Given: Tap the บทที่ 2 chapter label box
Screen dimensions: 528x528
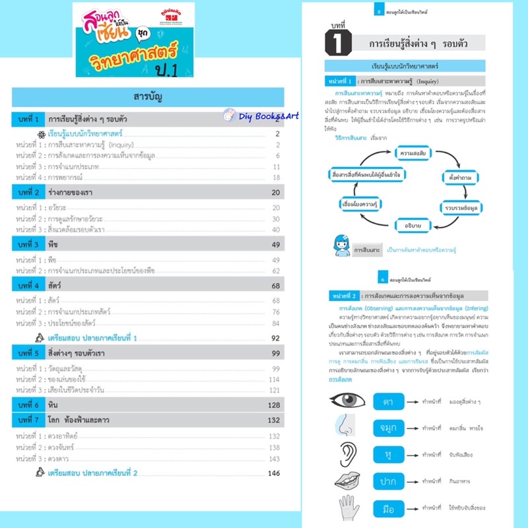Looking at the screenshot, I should pyautogui.click(x=30, y=192).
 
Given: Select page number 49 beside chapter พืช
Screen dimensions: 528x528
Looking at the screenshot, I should pyautogui.click(x=277, y=244).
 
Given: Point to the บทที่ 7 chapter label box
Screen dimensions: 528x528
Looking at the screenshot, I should pyautogui.click(x=30, y=419).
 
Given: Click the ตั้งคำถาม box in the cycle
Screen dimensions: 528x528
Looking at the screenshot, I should pyautogui.click(x=460, y=178).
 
